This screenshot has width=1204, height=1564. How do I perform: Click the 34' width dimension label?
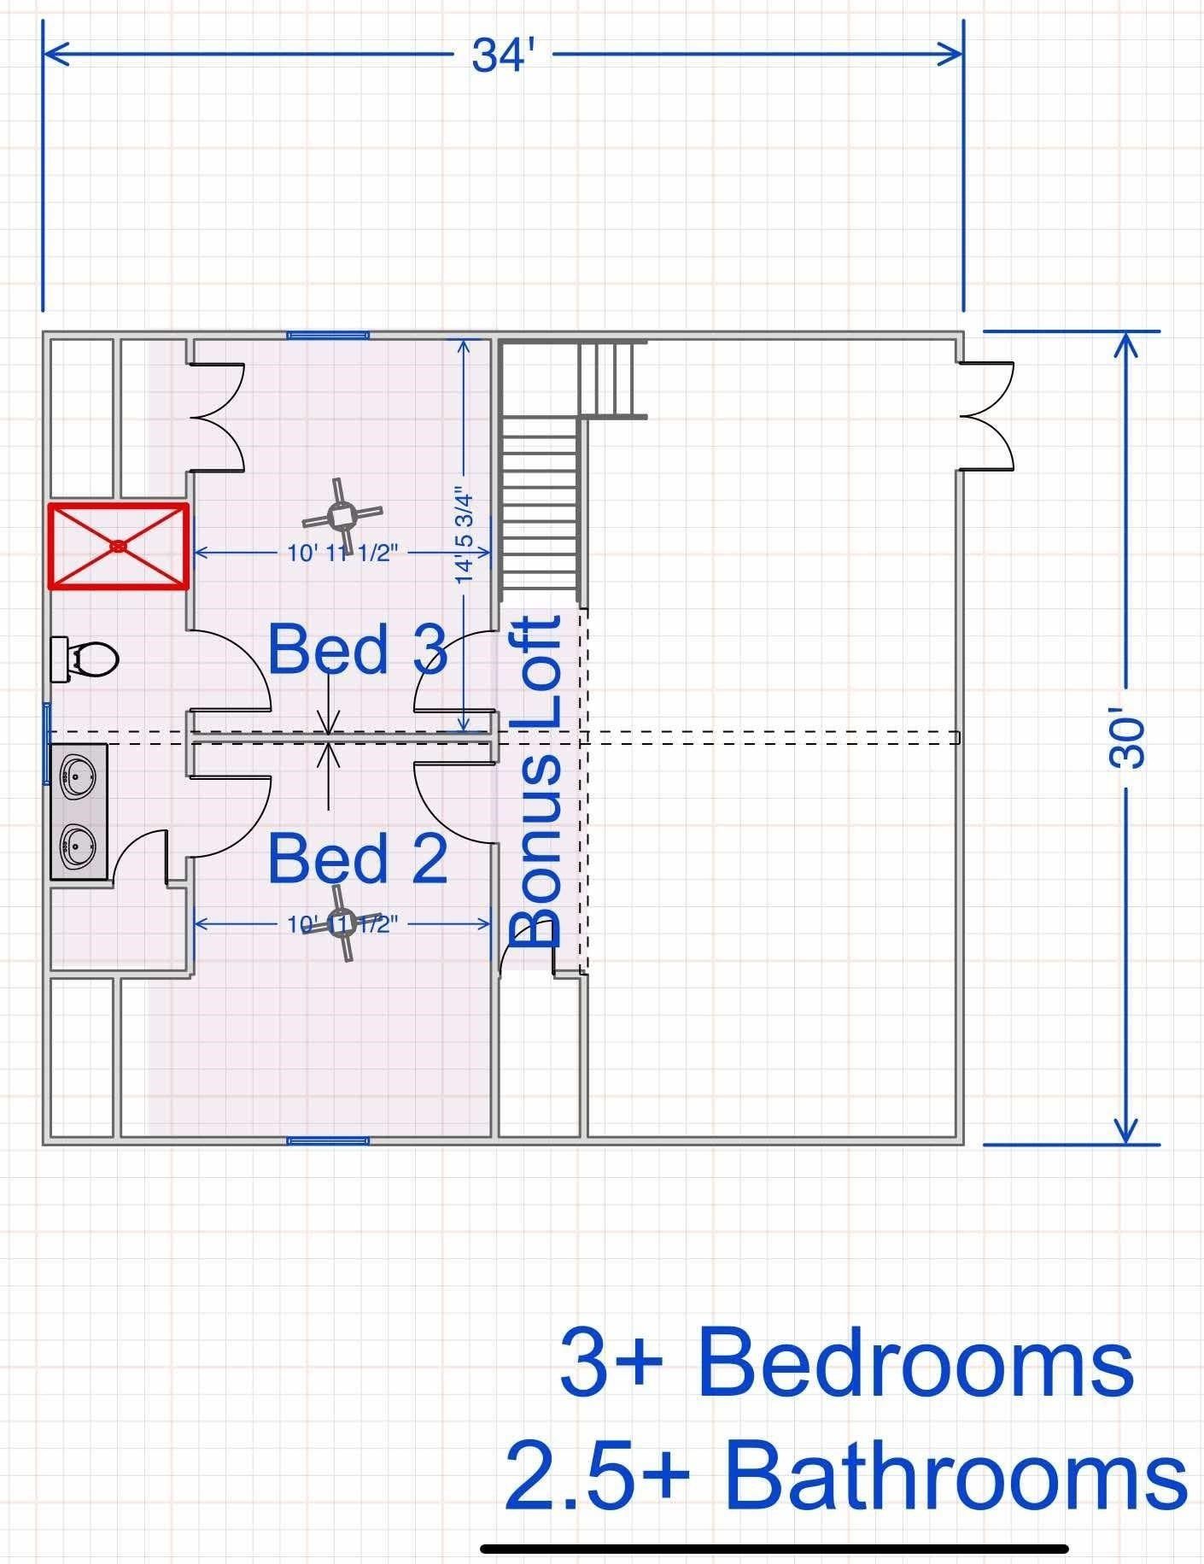click(503, 56)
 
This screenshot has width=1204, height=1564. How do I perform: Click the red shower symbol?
click(118, 546)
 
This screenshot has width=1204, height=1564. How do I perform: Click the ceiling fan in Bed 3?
click(342, 516)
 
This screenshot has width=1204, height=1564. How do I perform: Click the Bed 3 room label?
click(357, 649)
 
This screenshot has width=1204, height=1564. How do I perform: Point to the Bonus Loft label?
click(536, 782)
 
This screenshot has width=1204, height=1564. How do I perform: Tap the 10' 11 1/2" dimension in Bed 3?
click(343, 554)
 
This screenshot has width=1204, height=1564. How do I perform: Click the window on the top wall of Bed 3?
click(328, 336)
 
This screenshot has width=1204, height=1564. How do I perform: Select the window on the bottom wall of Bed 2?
click(328, 1140)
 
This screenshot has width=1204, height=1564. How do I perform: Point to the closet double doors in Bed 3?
click(216, 417)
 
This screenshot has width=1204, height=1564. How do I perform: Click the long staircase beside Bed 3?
click(540, 504)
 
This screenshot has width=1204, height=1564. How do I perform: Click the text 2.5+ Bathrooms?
click(845, 1475)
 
